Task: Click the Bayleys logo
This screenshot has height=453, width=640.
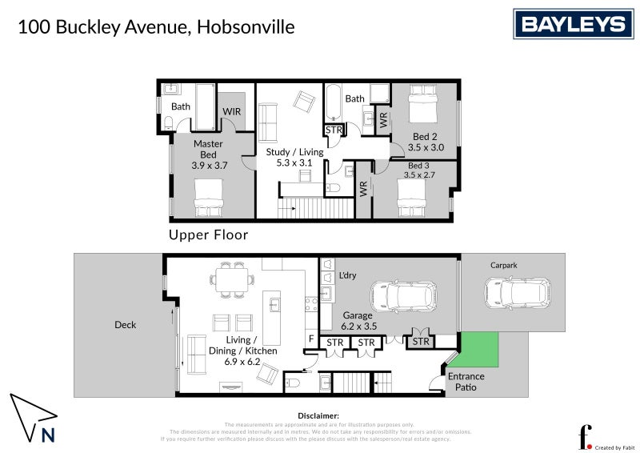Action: tap(573, 24)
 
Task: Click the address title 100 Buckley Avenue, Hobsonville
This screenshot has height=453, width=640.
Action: tap(156, 27)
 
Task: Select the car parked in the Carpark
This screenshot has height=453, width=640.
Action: tap(518, 293)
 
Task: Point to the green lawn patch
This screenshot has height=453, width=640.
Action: tap(478, 349)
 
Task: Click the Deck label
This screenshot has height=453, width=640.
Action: tap(125, 325)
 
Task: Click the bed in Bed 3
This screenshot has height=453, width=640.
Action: tap(416, 197)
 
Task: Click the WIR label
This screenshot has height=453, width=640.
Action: tap(231, 111)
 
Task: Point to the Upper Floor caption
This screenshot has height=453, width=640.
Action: tap(208, 235)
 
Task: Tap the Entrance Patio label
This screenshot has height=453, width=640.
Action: tap(466, 382)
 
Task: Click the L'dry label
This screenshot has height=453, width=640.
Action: tap(346, 275)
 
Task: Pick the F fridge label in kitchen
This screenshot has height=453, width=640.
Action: tap(312, 339)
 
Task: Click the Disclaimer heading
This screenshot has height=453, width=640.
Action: tap(319, 415)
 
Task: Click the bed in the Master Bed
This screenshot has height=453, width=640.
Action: tap(208, 197)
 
